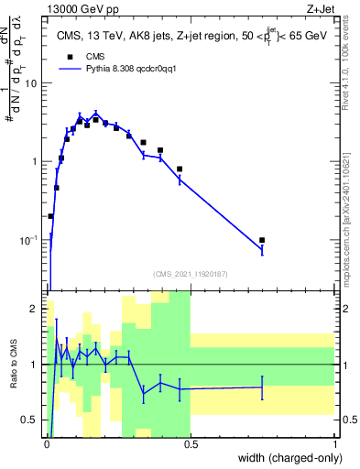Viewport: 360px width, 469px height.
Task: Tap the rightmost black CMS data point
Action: [x=262, y=240]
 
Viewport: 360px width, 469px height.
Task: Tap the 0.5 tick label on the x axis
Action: [x=191, y=444]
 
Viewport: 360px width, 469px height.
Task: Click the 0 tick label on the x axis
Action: [x=47, y=444]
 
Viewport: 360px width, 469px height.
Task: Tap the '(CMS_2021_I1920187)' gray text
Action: [x=191, y=273]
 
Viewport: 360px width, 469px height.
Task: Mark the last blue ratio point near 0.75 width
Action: [x=262, y=387]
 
